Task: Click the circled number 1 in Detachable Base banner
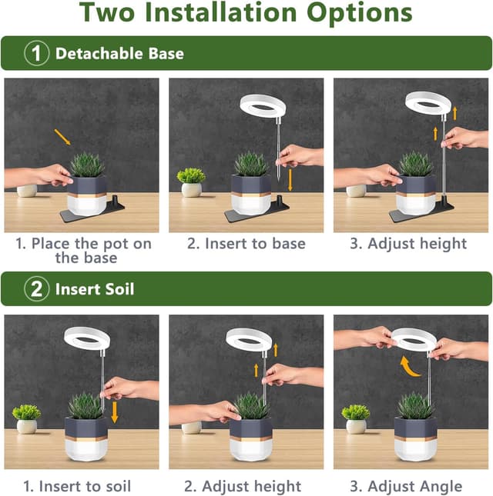[37, 54]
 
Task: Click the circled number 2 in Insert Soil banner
[37, 290]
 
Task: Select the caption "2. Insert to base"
[246, 244]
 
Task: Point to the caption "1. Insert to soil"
[77, 486]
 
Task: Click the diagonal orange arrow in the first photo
[62, 137]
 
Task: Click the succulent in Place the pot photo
[87, 165]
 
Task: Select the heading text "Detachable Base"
[119, 54]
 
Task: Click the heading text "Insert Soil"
[95, 290]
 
